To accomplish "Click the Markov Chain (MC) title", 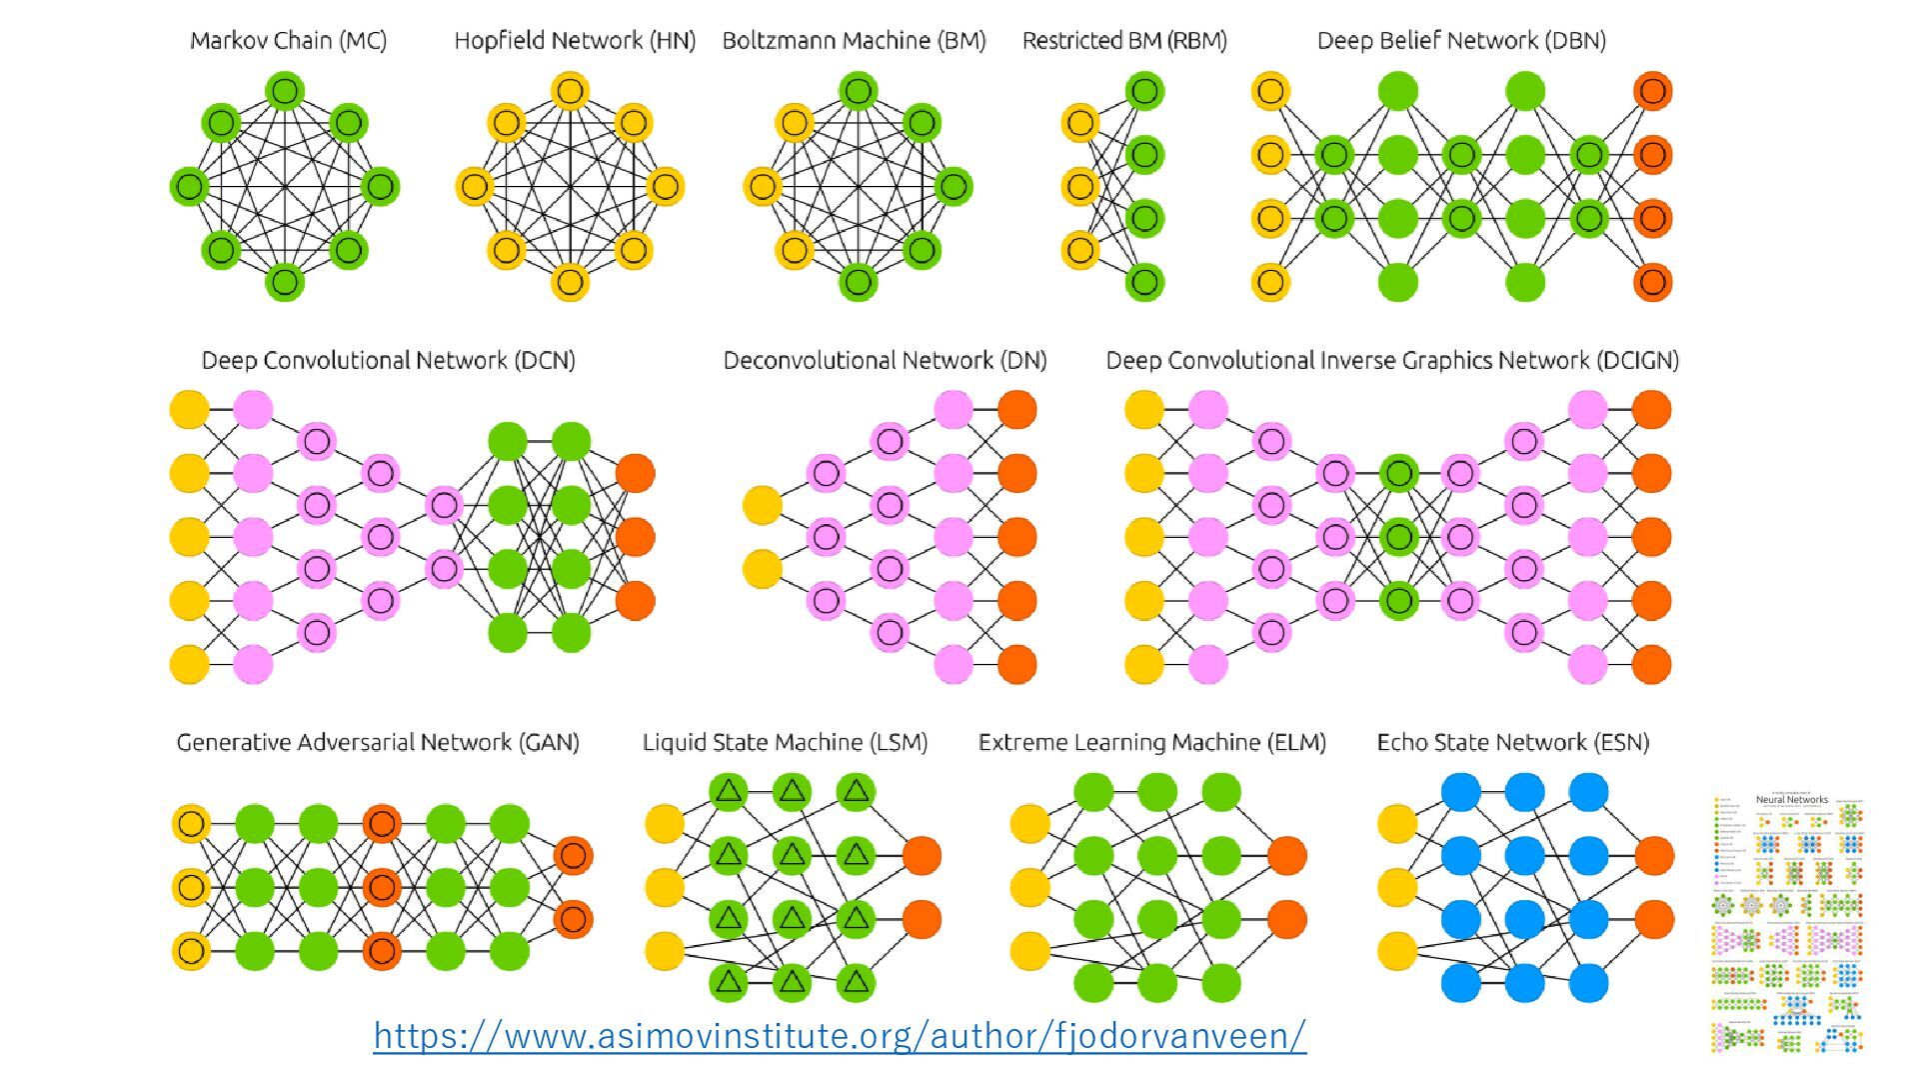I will pos(288,41).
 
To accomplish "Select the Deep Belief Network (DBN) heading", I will pos(1461,41).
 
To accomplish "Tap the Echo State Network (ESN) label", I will pos(1512,742).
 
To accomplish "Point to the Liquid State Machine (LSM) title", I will pos(785,742).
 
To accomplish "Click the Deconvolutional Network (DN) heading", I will pos(885,360).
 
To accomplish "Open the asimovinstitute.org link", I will pos(840,1035).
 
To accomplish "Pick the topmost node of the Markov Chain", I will pos(285,91).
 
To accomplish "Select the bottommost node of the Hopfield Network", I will pos(570,281).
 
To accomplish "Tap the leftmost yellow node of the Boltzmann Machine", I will pos(763,186).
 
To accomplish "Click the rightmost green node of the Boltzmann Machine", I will pos(953,186).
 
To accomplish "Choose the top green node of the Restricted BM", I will pos(1144,91).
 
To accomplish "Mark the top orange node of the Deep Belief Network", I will pos(1652,91).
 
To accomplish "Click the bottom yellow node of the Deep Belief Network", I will pos(1270,281).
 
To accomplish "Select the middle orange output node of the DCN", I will pos(635,537).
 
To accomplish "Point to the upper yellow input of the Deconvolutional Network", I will pos(763,505).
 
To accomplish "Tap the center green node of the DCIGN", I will pos(1398,537).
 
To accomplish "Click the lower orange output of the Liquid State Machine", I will pos(921,919).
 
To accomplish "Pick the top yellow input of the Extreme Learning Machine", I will pos(1030,824).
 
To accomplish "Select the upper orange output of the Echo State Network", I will pos(1654,856).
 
